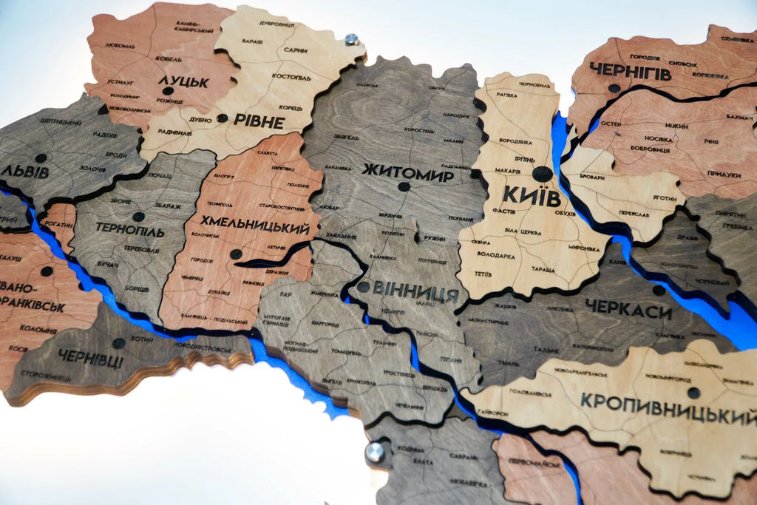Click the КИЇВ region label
tap(531, 195)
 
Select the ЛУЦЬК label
tap(183, 81)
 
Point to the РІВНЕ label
tap(258, 121)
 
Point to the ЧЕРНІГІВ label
tap(631, 72)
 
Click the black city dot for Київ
tap(542, 174)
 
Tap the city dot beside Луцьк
tap(168, 91)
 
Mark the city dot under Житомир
tap(403, 186)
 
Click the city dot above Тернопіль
tap(138, 217)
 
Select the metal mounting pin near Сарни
tap(352, 39)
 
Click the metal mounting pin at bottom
tap(376, 451)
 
